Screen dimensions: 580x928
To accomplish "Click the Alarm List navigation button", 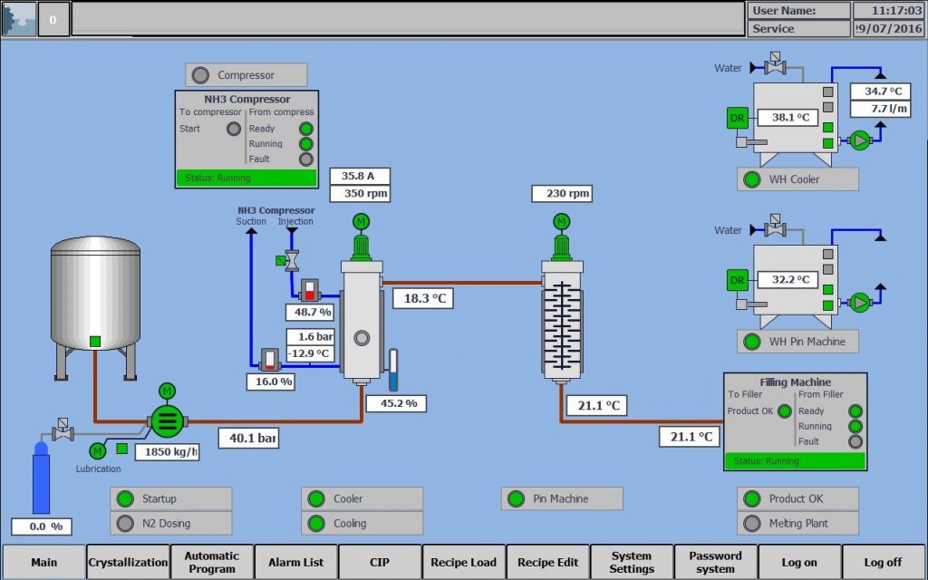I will click(x=296, y=562).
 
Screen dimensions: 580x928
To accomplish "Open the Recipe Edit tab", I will click(x=547, y=562).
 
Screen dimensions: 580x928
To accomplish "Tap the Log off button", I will click(x=883, y=562).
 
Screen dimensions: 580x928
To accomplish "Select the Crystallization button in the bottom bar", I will click(x=128, y=562).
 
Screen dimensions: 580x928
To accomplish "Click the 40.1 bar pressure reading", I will click(x=247, y=439).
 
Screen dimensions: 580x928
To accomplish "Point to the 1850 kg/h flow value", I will click(x=167, y=451).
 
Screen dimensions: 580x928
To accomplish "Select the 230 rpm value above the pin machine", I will click(x=568, y=193).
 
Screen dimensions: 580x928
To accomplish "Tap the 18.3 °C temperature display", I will click(x=422, y=298).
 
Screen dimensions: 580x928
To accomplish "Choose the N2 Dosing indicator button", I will click(x=171, y=523).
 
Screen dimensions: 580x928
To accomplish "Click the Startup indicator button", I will click(x=171, y=498).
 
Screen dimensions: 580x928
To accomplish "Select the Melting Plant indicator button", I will click(x=797, y=523).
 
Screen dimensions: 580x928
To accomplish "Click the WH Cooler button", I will click(x=797, y=179).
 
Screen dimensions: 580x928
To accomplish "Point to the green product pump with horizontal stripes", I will click(x=166, y=420).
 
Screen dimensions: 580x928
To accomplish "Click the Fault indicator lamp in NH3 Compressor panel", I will click(x=306, y=159).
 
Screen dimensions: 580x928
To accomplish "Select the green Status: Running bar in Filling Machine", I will click(x=795, y=460).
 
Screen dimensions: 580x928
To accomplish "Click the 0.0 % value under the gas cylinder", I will click(x=41, y=527).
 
